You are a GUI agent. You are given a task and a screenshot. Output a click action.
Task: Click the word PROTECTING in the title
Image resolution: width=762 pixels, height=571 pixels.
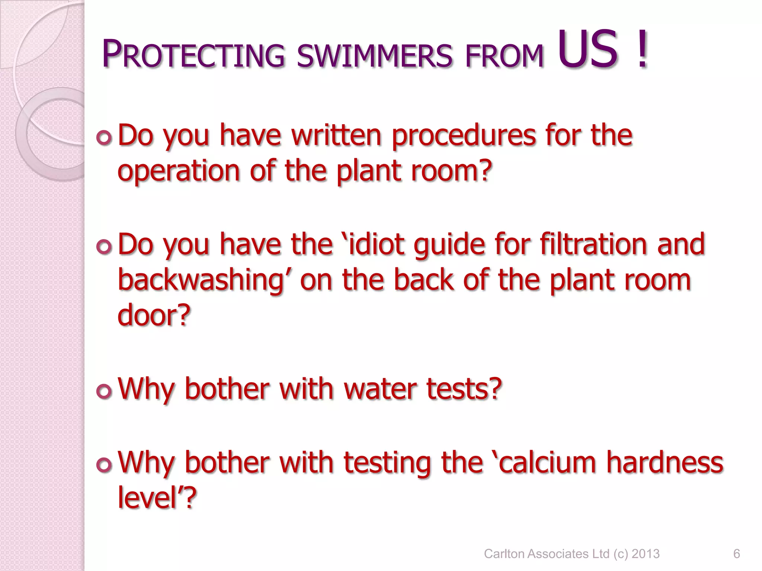[x=193, y=55]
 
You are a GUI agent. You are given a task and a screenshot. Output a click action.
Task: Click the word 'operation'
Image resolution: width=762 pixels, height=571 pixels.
[x=179, y=172]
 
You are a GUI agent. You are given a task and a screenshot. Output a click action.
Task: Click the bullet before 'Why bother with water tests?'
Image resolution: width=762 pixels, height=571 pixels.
[x=104, y=391]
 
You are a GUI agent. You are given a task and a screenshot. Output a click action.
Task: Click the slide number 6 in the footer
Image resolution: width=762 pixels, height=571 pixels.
[x=736, y=554]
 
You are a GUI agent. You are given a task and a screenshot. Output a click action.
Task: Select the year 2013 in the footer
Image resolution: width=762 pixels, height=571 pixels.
[x=646, y=554]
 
